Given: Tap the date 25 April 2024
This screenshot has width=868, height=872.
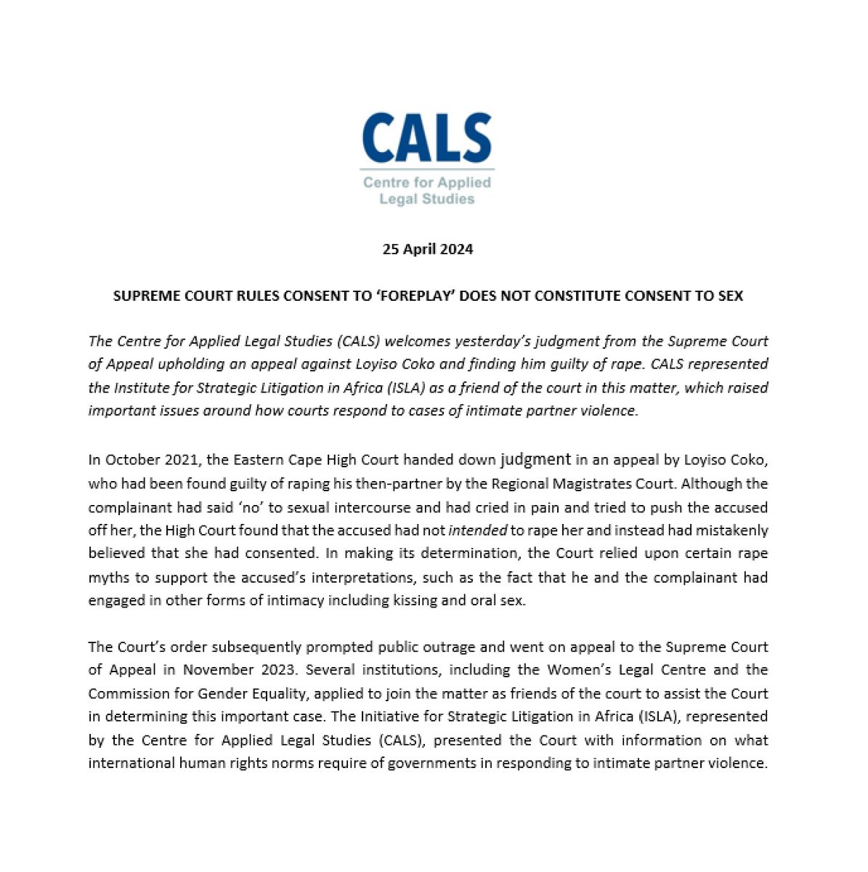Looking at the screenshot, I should [x=428, y=249].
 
